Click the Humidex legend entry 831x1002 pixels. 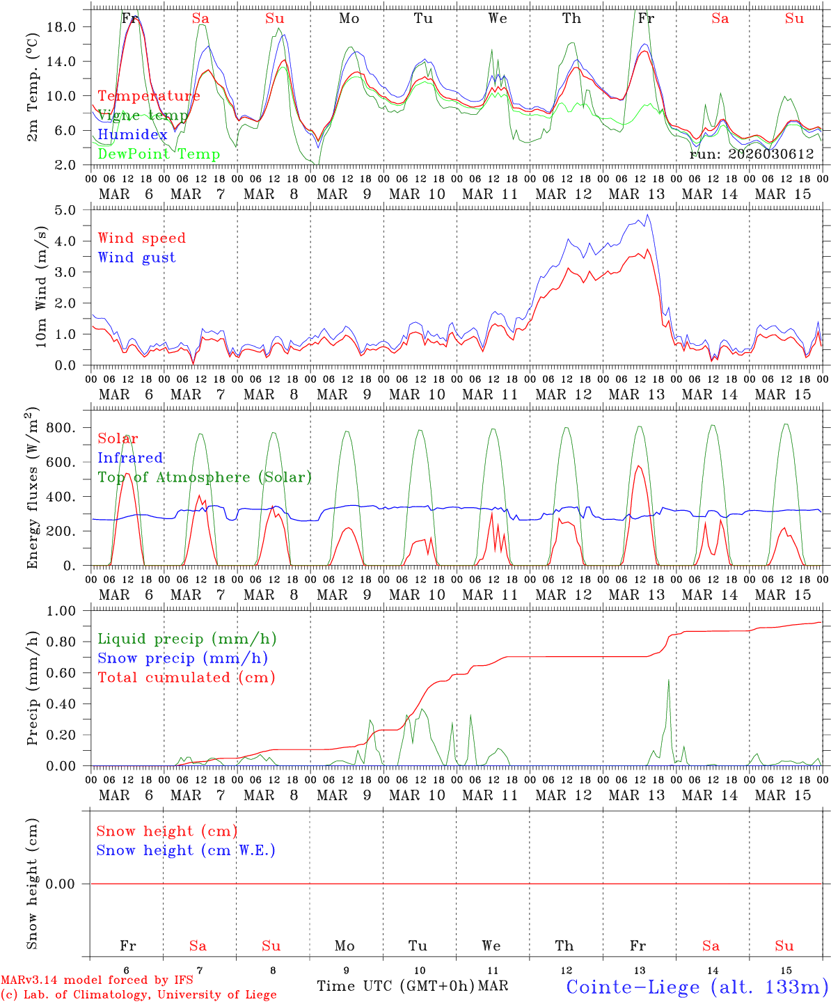[132, 134]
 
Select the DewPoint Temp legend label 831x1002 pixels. [159, 154]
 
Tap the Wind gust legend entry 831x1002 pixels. [136, 257]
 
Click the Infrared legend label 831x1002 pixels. [130, 458]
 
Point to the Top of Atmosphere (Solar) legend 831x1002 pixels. [204, 477]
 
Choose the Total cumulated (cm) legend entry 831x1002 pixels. [186, 677]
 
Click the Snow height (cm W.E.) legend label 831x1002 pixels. [186, 850]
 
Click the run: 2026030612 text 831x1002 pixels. [751, 154]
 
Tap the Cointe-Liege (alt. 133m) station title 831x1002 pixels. [697, 986]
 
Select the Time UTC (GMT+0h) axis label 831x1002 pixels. [395, 986]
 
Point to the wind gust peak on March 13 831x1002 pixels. [648, 214]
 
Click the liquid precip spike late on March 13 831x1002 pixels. [669, 680]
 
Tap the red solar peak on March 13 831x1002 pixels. [638, 466]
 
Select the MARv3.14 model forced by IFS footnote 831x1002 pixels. [97, 980]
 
